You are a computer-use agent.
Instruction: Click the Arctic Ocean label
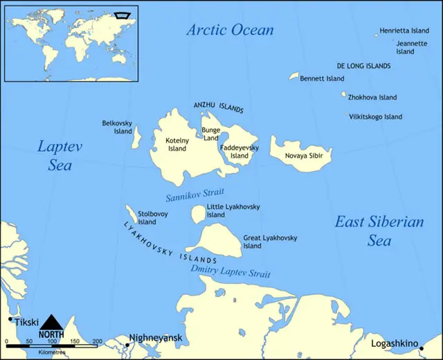(230, 30)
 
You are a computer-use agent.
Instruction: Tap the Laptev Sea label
(55, 156)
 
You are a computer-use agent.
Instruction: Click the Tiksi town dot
(10, 319)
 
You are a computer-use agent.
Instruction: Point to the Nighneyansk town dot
(127, 344)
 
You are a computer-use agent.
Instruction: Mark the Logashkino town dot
(422, 348)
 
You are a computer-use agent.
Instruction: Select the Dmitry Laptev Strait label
(230, 271)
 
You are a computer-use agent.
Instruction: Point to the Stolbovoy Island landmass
(130, 212)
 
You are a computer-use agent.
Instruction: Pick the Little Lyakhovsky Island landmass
(197, 215)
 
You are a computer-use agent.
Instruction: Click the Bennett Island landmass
(293, 76)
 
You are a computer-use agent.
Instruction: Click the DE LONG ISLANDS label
(363, 66)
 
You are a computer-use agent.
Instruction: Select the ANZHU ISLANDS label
(218, 107)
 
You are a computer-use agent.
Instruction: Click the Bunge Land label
(210, 134)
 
